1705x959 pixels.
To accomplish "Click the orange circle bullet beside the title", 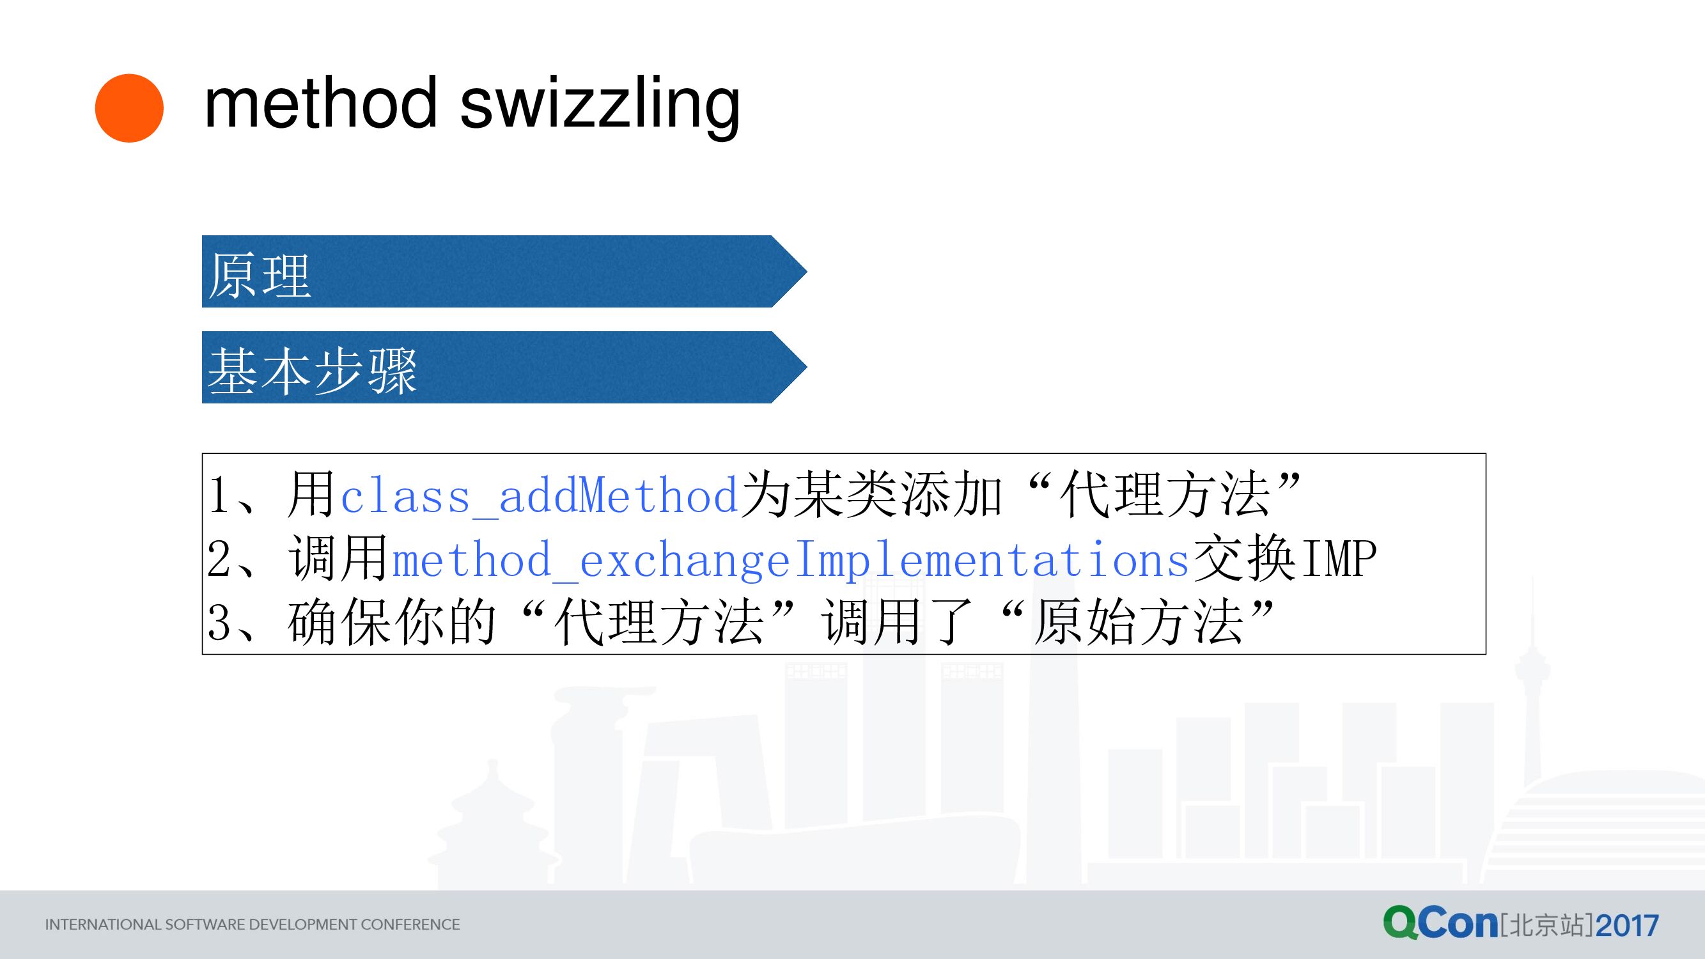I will [x=129, y=108].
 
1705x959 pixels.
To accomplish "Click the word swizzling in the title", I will [x=599, y=105].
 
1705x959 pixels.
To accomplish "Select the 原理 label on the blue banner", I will [x=260, y=276].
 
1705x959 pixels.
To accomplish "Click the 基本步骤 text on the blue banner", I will [x=312, y=371].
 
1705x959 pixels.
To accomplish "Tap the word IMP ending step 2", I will [x=1338, y=560].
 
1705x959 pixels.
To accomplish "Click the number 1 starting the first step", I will [x=219, y=496].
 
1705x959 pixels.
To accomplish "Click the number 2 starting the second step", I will [x=219, y=560].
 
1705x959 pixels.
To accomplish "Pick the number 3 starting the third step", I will [x=219, y=623].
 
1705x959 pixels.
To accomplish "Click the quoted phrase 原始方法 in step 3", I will [x=1139, y=623].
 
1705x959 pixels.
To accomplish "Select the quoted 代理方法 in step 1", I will [x=1165, y=495].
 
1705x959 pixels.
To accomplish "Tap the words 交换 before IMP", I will [x=1244, y=559].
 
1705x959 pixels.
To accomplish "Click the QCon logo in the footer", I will [x=1440, y=923].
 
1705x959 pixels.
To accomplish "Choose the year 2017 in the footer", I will [x=1627, y=925].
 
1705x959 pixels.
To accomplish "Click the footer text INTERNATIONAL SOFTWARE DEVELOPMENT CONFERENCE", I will [x=252, y=924].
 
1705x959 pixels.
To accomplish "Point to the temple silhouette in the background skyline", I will [x=493, y=827].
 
